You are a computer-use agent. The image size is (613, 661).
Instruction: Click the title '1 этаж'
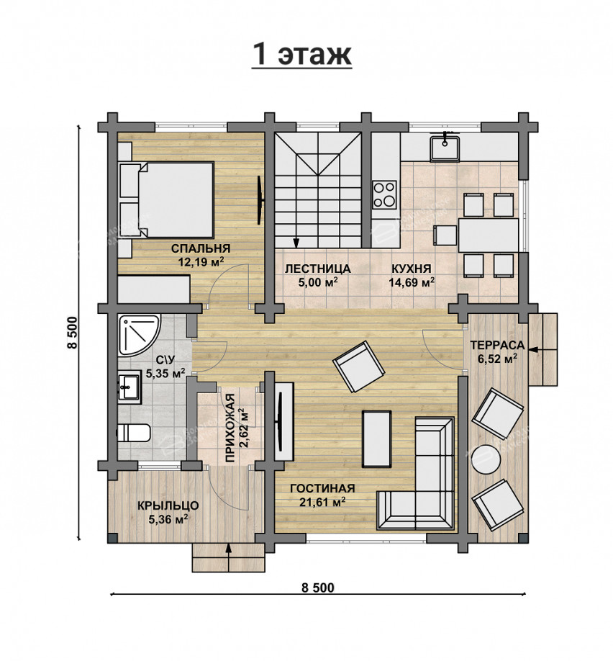(301, 55)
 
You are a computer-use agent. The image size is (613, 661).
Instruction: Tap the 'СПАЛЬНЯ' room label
(201, 248)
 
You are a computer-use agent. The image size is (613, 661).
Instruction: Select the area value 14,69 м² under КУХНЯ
(412, 282)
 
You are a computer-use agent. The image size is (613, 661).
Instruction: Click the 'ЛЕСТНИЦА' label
(318, 269)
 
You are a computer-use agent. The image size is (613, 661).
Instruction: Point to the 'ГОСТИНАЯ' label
(322, 488)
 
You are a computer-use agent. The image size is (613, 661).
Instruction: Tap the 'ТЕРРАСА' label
(497, 345)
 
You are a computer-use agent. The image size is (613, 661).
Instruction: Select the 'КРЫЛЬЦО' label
(168, 505)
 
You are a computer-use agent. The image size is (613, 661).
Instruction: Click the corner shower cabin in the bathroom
(139, 335)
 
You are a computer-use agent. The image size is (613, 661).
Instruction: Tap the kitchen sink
(445, 147)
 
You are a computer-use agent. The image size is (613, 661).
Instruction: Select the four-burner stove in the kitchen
(384, 194)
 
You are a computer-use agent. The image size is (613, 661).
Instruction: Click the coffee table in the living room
(376, 439)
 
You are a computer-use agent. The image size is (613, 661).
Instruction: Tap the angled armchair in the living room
(358, 367)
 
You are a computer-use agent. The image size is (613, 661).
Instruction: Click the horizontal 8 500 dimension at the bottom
(318, 588)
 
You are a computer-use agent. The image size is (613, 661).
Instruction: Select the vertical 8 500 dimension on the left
(72, 333)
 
